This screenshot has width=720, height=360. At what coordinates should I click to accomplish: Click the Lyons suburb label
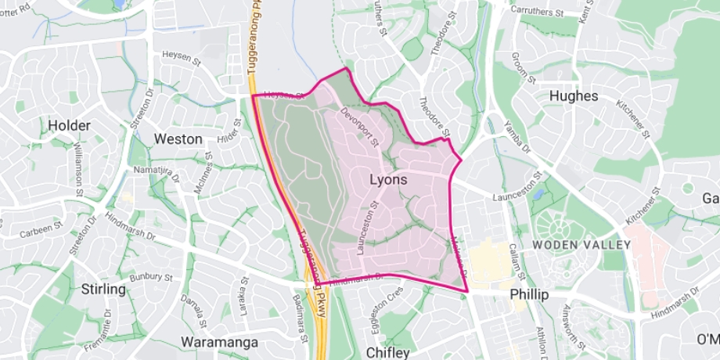[388, 180]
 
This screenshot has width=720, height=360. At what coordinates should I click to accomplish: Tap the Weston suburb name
[178, 139]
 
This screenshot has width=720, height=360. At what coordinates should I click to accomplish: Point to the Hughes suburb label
[574, 95]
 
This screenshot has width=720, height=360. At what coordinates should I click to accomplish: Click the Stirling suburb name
[103, 290]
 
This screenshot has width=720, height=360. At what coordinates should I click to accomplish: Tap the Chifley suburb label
[387, 352]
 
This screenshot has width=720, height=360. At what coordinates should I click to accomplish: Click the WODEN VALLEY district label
[581, 245]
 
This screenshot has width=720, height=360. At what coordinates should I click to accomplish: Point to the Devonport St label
[360, 129]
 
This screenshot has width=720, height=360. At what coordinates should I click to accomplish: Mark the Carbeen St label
[41, 228]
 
